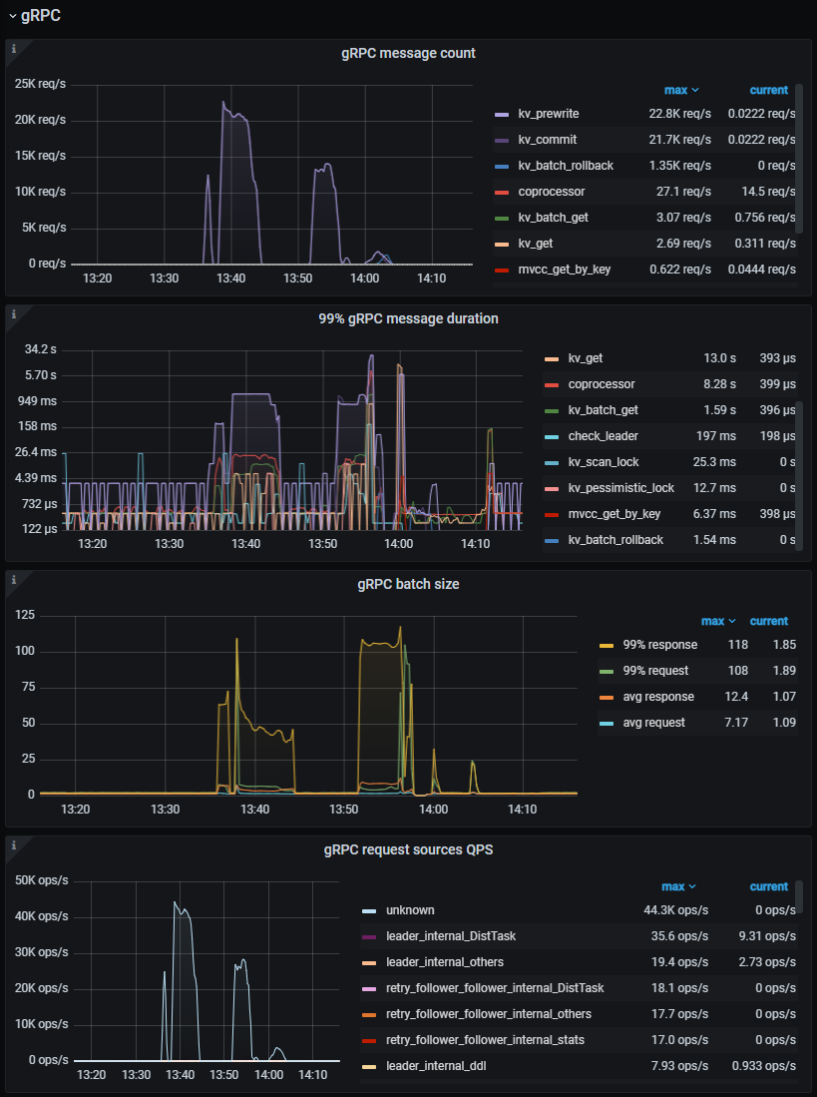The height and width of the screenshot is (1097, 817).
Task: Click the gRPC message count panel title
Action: pyautogui.click(x=408, y=53)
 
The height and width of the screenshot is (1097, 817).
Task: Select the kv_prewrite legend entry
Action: pyautogui.click(x=548, y=114)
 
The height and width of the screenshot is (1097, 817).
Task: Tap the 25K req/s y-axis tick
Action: pyautogui.click(x=39, y=84)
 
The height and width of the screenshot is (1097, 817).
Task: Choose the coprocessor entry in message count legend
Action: pyautogui.click(x=551, y=192)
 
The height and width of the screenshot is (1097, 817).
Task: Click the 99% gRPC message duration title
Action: pyautogui.click(x=408, y=318)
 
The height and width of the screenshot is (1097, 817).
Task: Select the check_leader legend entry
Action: pyautogui.click(x=603, y=436)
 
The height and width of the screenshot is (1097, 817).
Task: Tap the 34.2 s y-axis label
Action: pyautogui.click(x=41, y=349)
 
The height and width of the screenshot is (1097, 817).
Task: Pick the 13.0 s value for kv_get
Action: pyautogui.click(x=719, y=358)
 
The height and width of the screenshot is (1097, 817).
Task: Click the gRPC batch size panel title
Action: pyautogui.click(x=408, y=584)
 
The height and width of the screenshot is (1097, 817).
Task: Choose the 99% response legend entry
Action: pyautogui.click(x=659, y=645)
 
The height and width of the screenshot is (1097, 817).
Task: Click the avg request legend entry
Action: pyautogui.click(x=653, y=723)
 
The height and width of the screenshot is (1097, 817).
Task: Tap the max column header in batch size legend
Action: pyautogui.click(x=716, y=621)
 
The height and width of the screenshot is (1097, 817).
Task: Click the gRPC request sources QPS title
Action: pyautogui.click(x=408, y=850)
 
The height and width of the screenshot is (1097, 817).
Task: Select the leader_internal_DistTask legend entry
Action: pyautogui.click(x=450, y=936)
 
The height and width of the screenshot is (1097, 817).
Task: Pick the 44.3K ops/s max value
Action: pyautogui.click(x=675, y=910)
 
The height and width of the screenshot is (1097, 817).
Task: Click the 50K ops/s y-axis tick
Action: pyautogui.click(x=40, y=880)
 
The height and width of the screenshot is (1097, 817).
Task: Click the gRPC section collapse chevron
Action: pyautogui.click(x=12, y=16)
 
